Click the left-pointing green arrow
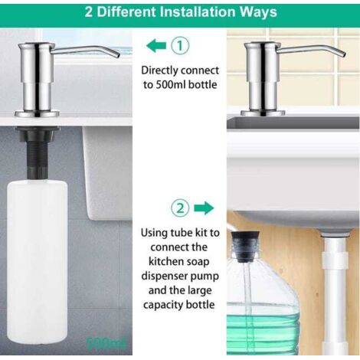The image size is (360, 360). pyautogui.click(x=156, y=46)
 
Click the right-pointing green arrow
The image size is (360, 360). pyautogui.click(x=204, y=208)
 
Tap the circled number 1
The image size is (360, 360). pyautogui.click(x=180, y=46)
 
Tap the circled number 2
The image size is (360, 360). pyautogui.click(x=180, y=208)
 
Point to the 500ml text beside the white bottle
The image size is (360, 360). pyautogui.click(x=106, y=344)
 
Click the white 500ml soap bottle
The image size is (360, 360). pyautogui.click(x=38, y=261)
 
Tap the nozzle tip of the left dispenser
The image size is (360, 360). pyautogui.click(x=117, y=55)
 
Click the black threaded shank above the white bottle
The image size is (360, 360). pyautogui.click(x=38, y=154)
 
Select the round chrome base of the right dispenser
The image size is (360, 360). pyautogui.click(x=263, y=113)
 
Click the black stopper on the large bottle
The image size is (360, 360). pyautogui.click(x=245, y=247)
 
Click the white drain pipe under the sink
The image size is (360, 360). pyautogui.click(x=335, y=293)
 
